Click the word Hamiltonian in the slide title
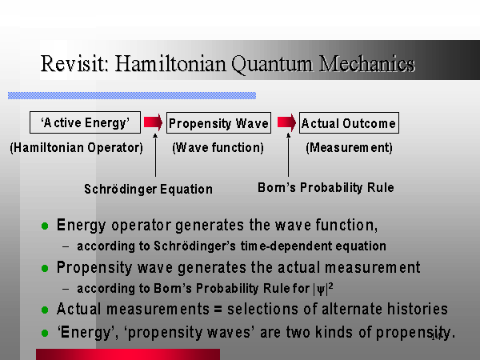pos(170,64)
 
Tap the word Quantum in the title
pos(272,64)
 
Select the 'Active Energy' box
pos(85,122)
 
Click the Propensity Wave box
pos(218,122)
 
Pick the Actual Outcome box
pos(349,122)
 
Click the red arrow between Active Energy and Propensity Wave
pos(153,122)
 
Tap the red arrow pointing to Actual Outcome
pos(286,122)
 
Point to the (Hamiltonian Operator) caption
pos(77,147)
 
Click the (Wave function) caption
pos(218,147)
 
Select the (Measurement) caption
pos(349,147)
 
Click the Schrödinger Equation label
pos(149,189)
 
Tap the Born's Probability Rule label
pos(326,187)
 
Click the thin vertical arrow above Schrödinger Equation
pos(155,155)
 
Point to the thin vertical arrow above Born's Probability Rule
pos(288,155)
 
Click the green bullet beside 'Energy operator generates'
pos(45,226)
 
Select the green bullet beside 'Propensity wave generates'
pos(45,269)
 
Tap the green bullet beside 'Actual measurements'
pos(45,310)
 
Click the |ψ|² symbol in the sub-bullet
pos(323,289)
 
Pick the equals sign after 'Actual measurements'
pos(218,309)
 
